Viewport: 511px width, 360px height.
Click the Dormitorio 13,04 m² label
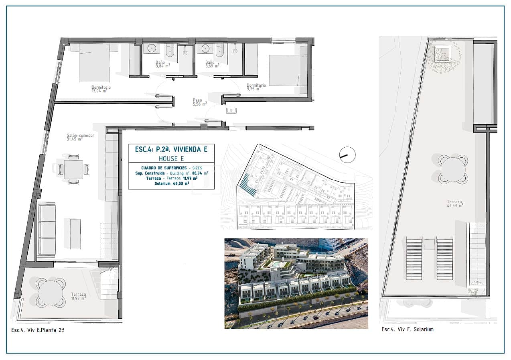point(101,89)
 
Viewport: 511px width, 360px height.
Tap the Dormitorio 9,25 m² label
point(256,87)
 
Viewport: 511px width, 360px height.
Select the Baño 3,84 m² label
point(162,64)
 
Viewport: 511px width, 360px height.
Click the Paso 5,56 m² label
point(199,102)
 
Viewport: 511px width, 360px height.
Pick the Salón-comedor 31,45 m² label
point(80,137)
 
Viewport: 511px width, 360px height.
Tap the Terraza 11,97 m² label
point(78,296)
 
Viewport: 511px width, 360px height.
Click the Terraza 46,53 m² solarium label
point(455,203)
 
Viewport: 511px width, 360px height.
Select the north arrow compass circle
point(347,155)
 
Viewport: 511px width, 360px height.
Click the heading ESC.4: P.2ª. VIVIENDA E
point(171,149)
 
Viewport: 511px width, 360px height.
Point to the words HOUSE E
point(172,159)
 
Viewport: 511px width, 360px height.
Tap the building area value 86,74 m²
point(201,173)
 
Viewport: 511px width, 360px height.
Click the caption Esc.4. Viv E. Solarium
point(407,329)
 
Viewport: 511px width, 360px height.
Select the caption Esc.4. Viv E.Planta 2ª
point(38,329)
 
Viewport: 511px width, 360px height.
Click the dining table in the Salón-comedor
point(74,169)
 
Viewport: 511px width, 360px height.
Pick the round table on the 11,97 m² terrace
point(51,293)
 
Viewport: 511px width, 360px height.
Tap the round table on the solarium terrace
point(453,169)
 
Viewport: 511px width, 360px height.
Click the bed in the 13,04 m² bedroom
point(94,63)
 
